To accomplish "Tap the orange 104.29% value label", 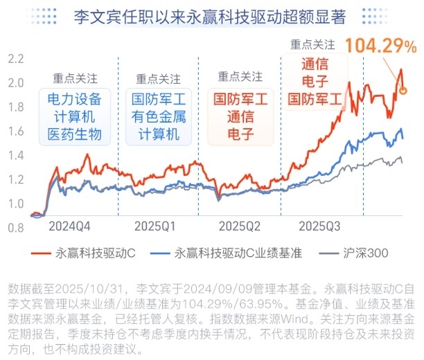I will click(x=380, y=46).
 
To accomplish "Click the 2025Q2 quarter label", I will click(x=238, y=226).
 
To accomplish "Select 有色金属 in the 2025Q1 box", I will click(x=159, y=116).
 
